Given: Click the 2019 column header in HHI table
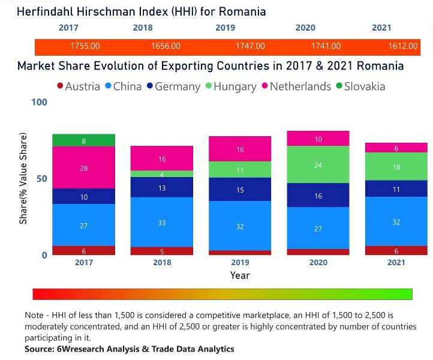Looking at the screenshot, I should (x=225, y=28).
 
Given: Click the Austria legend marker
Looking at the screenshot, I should (x=60, y=86).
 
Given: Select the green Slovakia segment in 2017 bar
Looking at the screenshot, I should (x=83, y=140).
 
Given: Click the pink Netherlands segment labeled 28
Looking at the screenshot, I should (x=83, y=168).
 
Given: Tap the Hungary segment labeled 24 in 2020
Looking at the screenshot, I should (x=318, y=164).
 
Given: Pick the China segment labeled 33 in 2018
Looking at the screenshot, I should (x=162, y=223).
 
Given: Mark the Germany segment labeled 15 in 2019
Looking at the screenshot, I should (x=240, y=190).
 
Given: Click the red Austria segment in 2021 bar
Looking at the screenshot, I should (x=396, y=251).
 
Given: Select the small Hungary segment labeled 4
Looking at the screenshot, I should (x=162, y=174).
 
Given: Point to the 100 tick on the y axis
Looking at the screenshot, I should (x=38, y=103).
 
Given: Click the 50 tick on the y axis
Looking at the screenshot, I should (x=41, y=179).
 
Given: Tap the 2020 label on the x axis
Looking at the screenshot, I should (x=318, y=263).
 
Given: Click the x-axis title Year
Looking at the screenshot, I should (x=240, y=275).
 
